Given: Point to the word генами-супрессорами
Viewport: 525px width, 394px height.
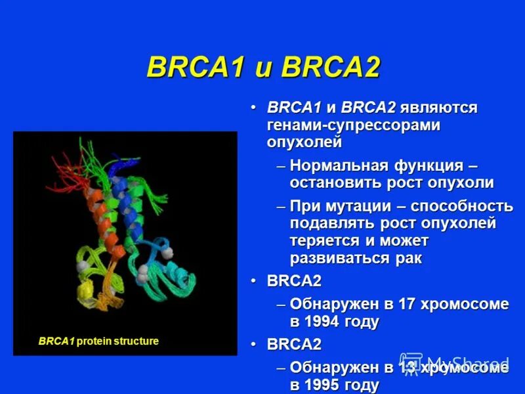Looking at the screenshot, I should click(353, 125).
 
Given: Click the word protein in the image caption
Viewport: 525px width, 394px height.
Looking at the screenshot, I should click(97, 341).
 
